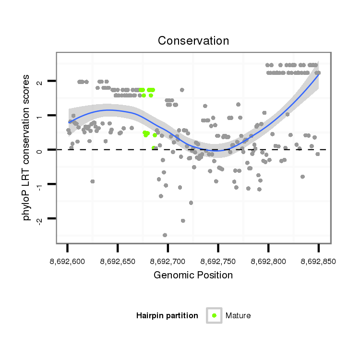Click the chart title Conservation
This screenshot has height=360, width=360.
pos(193,40)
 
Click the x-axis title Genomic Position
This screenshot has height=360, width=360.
pos(193,275)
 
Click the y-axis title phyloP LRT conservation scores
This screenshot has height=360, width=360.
pos(27,148)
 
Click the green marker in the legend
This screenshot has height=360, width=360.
pos(214,315)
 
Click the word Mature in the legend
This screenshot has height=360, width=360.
pos(238,315)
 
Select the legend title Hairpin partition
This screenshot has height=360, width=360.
pos(167,315)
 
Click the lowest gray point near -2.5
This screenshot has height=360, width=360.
pos(165,235)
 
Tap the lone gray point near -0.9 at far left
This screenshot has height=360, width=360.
pos(92,181)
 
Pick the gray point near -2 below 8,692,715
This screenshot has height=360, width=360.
pos(183,221)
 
